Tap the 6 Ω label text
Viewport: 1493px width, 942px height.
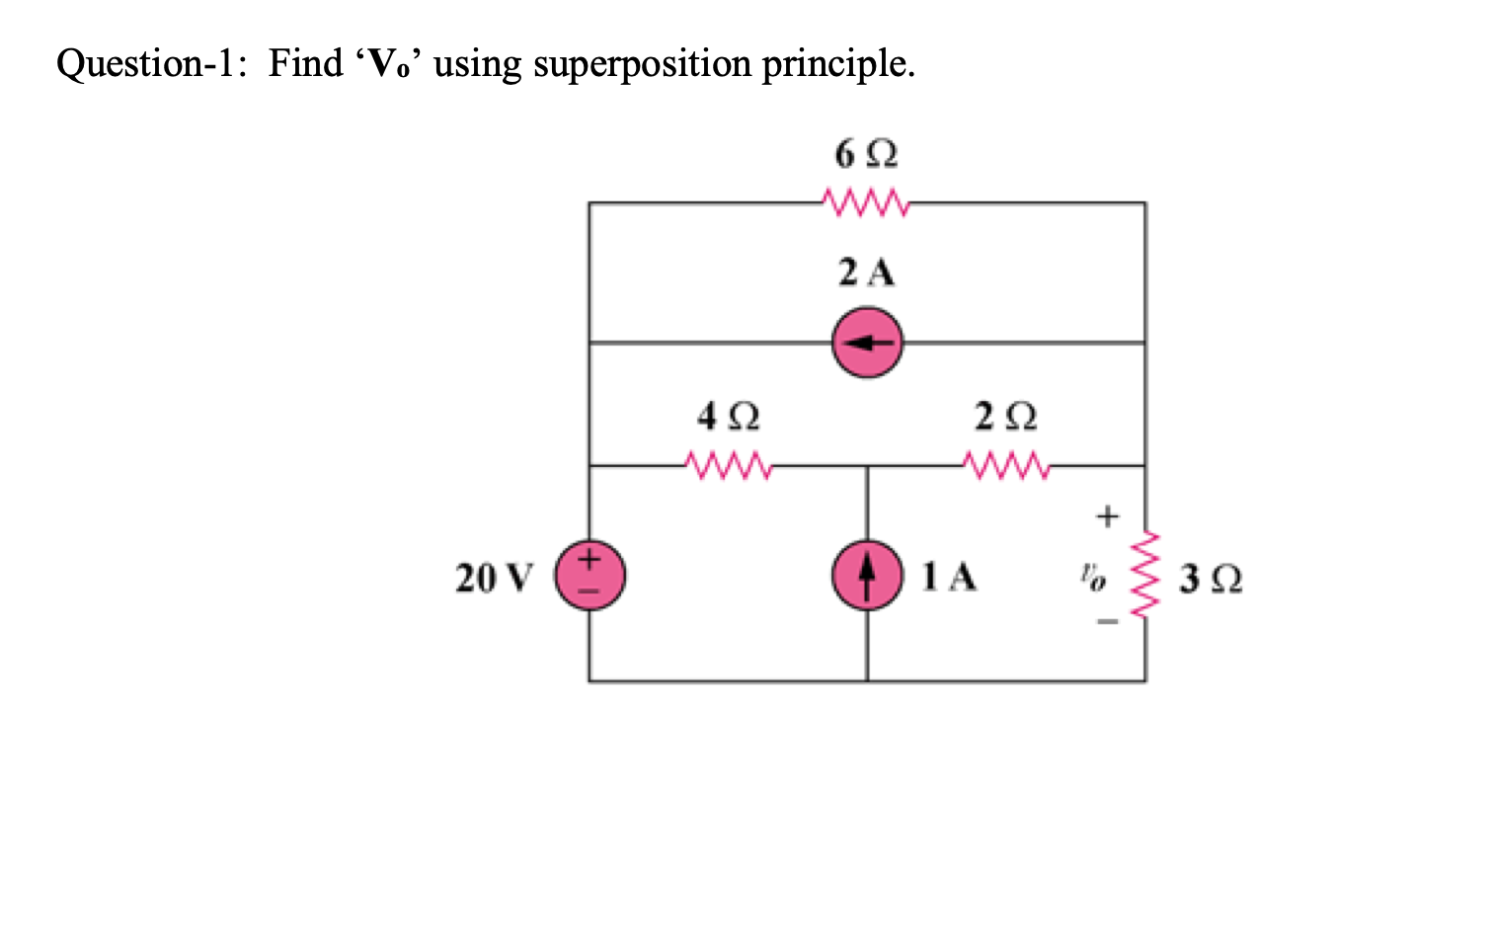(x=865, y=154)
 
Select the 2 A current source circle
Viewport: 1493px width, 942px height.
(x=867, y=343)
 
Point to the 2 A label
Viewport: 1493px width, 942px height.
(x=866, y=273)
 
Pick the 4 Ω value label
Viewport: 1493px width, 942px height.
(x=729, y=416)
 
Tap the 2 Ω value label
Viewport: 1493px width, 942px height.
(x=1005, y=416)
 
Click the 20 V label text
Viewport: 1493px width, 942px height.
(x=494, y=578)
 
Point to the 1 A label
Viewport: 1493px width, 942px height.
(x=948, y=577)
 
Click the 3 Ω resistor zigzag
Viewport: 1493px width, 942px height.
(x=1145, y=576)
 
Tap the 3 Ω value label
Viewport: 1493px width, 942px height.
(x=1211, y=578)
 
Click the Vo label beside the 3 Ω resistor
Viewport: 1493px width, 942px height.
(x=1092, y=576)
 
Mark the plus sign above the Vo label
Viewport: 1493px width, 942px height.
(x=1107, y=516)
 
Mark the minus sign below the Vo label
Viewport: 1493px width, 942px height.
(x=1107, y=623)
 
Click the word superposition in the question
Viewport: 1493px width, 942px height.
(x=642, y=64)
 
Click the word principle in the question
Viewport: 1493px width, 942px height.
(x=837, y=64)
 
